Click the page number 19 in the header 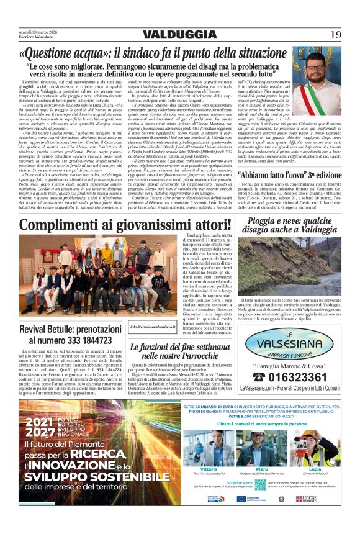point(336,34)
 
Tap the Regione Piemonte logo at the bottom point(307,499)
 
